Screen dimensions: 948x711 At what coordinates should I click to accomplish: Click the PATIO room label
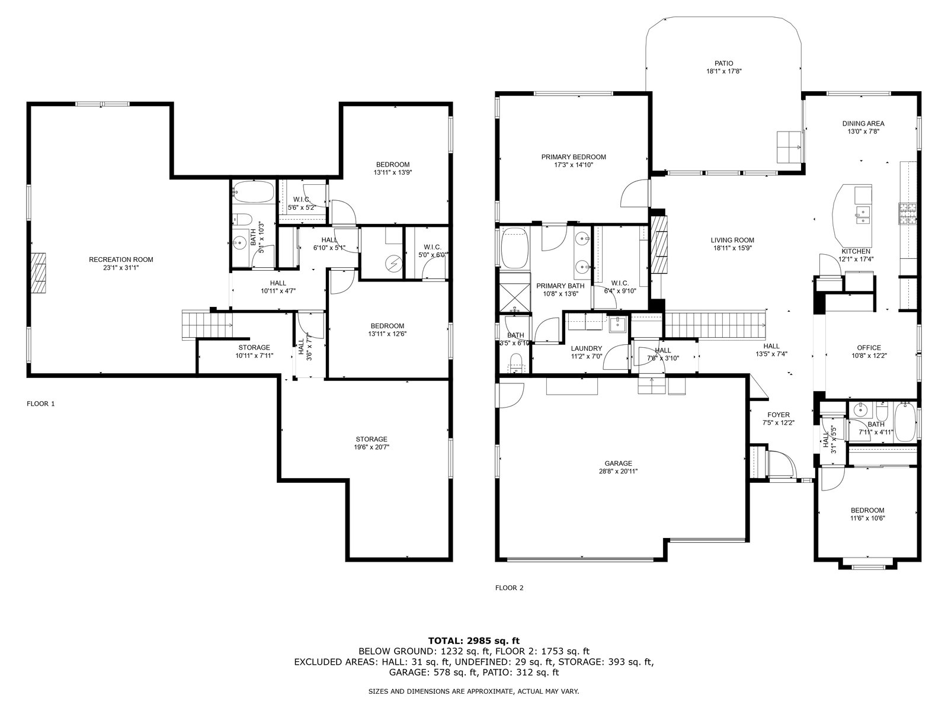(x=724, y=63)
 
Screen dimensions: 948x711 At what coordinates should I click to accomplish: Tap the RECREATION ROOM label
(x=121, y=260)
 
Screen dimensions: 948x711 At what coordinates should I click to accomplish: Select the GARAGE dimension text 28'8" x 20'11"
(x=618, y=471)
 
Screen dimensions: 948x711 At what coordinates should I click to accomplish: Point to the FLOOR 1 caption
(x=41, y=403)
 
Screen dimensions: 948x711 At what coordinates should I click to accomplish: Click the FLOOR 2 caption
(x=509, y=588)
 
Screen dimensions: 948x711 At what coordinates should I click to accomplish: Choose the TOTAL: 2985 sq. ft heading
(x=474, y=640)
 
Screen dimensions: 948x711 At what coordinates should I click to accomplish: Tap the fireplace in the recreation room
(x=38, y=273)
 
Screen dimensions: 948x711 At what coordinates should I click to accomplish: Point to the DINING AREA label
(x=863, y=123)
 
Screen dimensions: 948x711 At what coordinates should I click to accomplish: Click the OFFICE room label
(x=869, y=348)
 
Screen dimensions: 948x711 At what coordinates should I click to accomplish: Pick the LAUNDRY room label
(x=586, y=348)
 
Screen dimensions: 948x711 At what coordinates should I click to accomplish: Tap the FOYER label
(x=779, y=415)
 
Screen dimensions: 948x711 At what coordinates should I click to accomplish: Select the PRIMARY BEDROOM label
(x=574, y=157)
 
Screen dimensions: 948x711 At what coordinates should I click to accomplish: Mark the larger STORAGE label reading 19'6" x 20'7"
(x=371, y=439)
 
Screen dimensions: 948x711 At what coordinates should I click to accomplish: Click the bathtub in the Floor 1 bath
(x=253, y=191)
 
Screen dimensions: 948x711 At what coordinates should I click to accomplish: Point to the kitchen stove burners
(x=907, y=214)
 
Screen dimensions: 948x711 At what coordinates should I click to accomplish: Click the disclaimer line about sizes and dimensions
(x=473, y=691)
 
